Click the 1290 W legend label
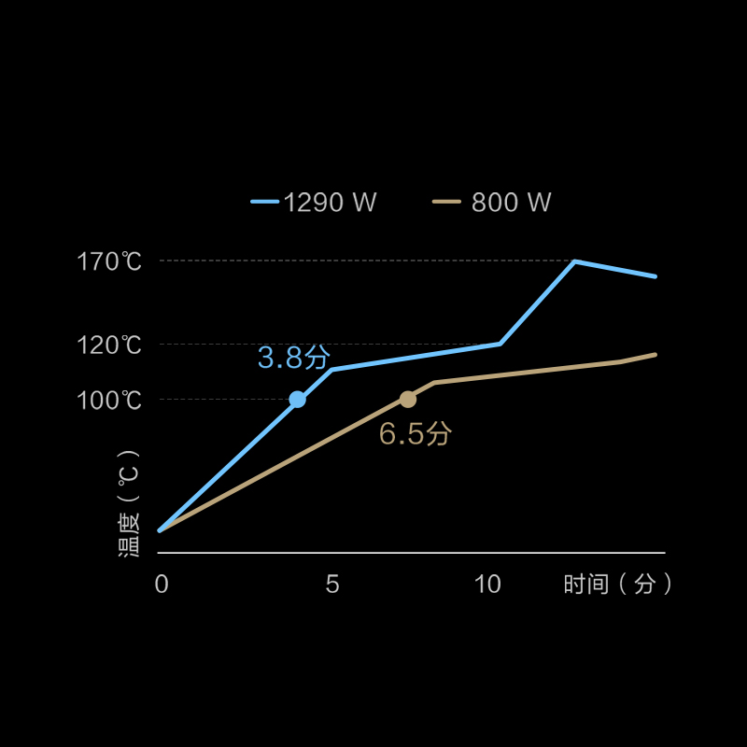tap(330, 203)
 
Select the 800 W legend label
tap(511, 203)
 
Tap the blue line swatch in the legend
tap(265, 202)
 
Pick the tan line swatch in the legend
tap(447, 202)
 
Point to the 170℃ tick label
tap(109, 261)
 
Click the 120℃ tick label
tap(109, 345)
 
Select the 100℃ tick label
tap(109, 401)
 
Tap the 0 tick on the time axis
tap(162, 585)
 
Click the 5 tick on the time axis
tap(332, 585)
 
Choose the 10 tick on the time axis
tap(487, 585)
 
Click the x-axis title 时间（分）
tap(618, 585)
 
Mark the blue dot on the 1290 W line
tap(297, 400)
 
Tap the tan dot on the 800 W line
tap(408, 400)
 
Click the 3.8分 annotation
tap(294, 357)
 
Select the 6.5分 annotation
tap(415, 433)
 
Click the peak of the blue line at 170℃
tap(575, 261)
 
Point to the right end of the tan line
tap(655, 355)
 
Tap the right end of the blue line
tap(655, 276)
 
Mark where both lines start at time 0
tap(160, 530)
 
